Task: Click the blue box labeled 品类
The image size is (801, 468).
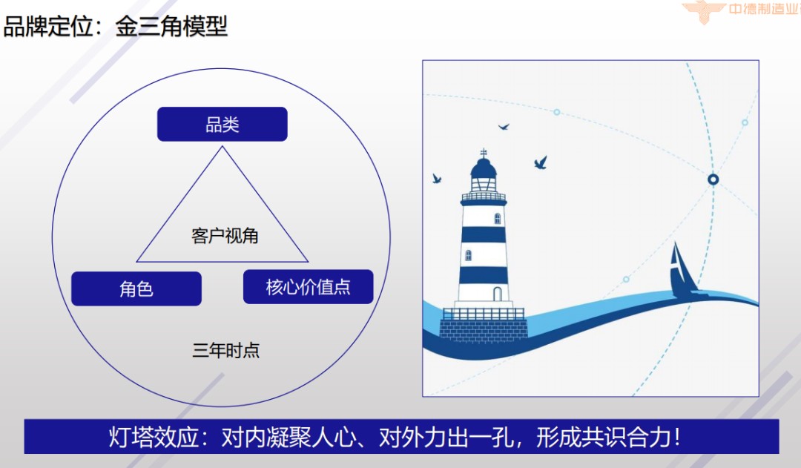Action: pos(222,124)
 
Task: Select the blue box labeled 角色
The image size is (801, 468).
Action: pos(136,289)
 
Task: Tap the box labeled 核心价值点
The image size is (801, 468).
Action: pos(308,287)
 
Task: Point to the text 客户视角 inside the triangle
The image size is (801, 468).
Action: pos(225,236)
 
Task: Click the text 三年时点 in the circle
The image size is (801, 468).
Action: pos(226,350)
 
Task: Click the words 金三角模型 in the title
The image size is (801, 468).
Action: pos(171,27)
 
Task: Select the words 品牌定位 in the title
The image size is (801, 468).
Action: pos(47,27)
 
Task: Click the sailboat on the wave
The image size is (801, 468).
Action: pos(681,271)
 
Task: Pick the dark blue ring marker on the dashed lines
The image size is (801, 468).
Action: pos(713,179)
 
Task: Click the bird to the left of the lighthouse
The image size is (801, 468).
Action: pos(437,179)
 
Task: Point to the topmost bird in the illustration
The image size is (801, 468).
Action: pos(504,127)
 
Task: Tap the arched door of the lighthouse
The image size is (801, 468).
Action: pos(497,294)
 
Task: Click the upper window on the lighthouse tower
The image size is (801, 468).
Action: pos(498,218)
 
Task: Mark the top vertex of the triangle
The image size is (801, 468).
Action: pos(222,146)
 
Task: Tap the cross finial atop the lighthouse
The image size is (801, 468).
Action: pos(484,153)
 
